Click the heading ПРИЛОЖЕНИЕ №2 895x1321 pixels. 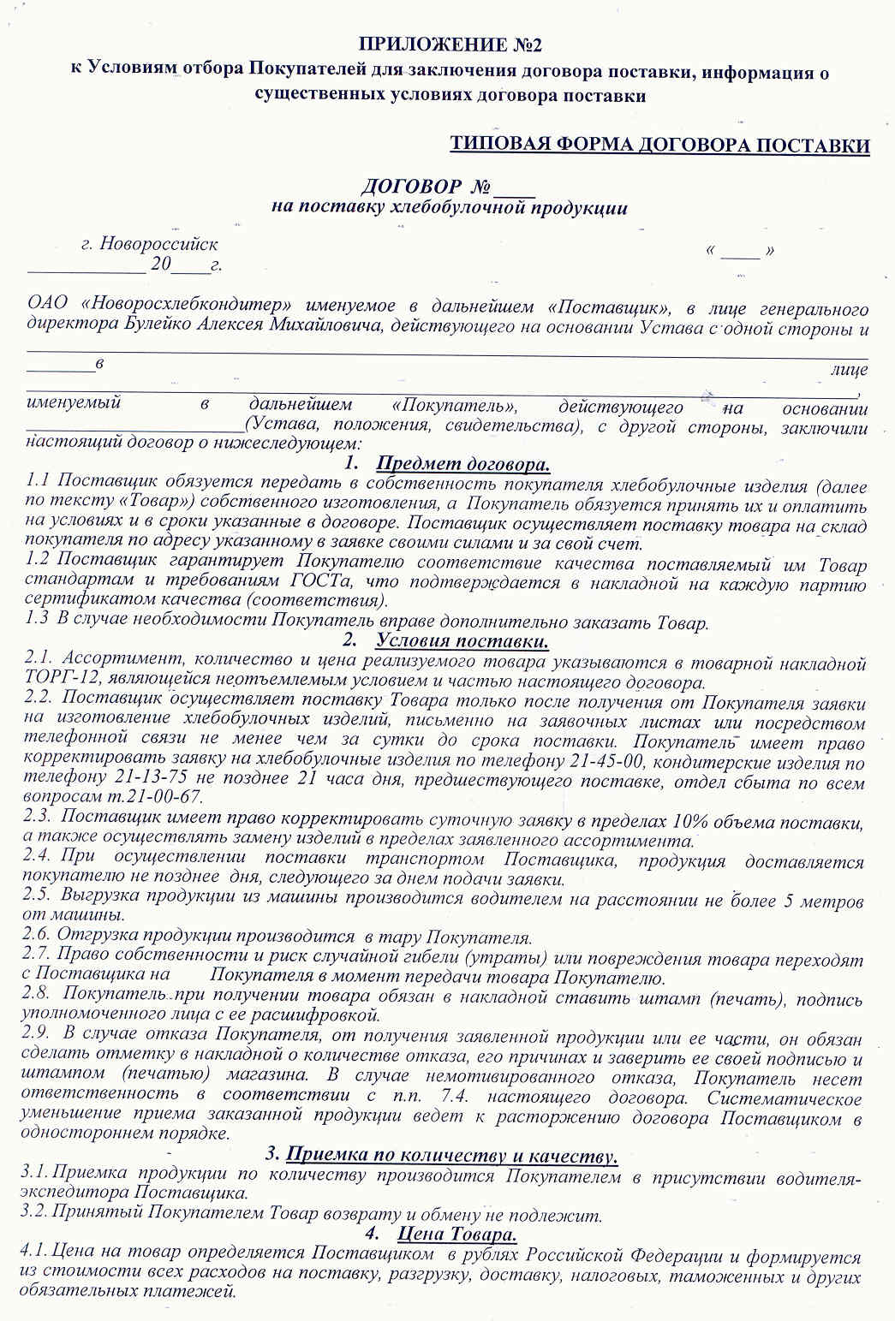[450, 45]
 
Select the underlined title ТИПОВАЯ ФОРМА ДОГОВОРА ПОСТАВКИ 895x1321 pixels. [659, 145]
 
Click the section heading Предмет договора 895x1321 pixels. [462, 464]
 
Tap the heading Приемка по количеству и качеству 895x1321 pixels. [451, 1155]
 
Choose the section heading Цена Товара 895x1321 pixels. [456, 1235]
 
